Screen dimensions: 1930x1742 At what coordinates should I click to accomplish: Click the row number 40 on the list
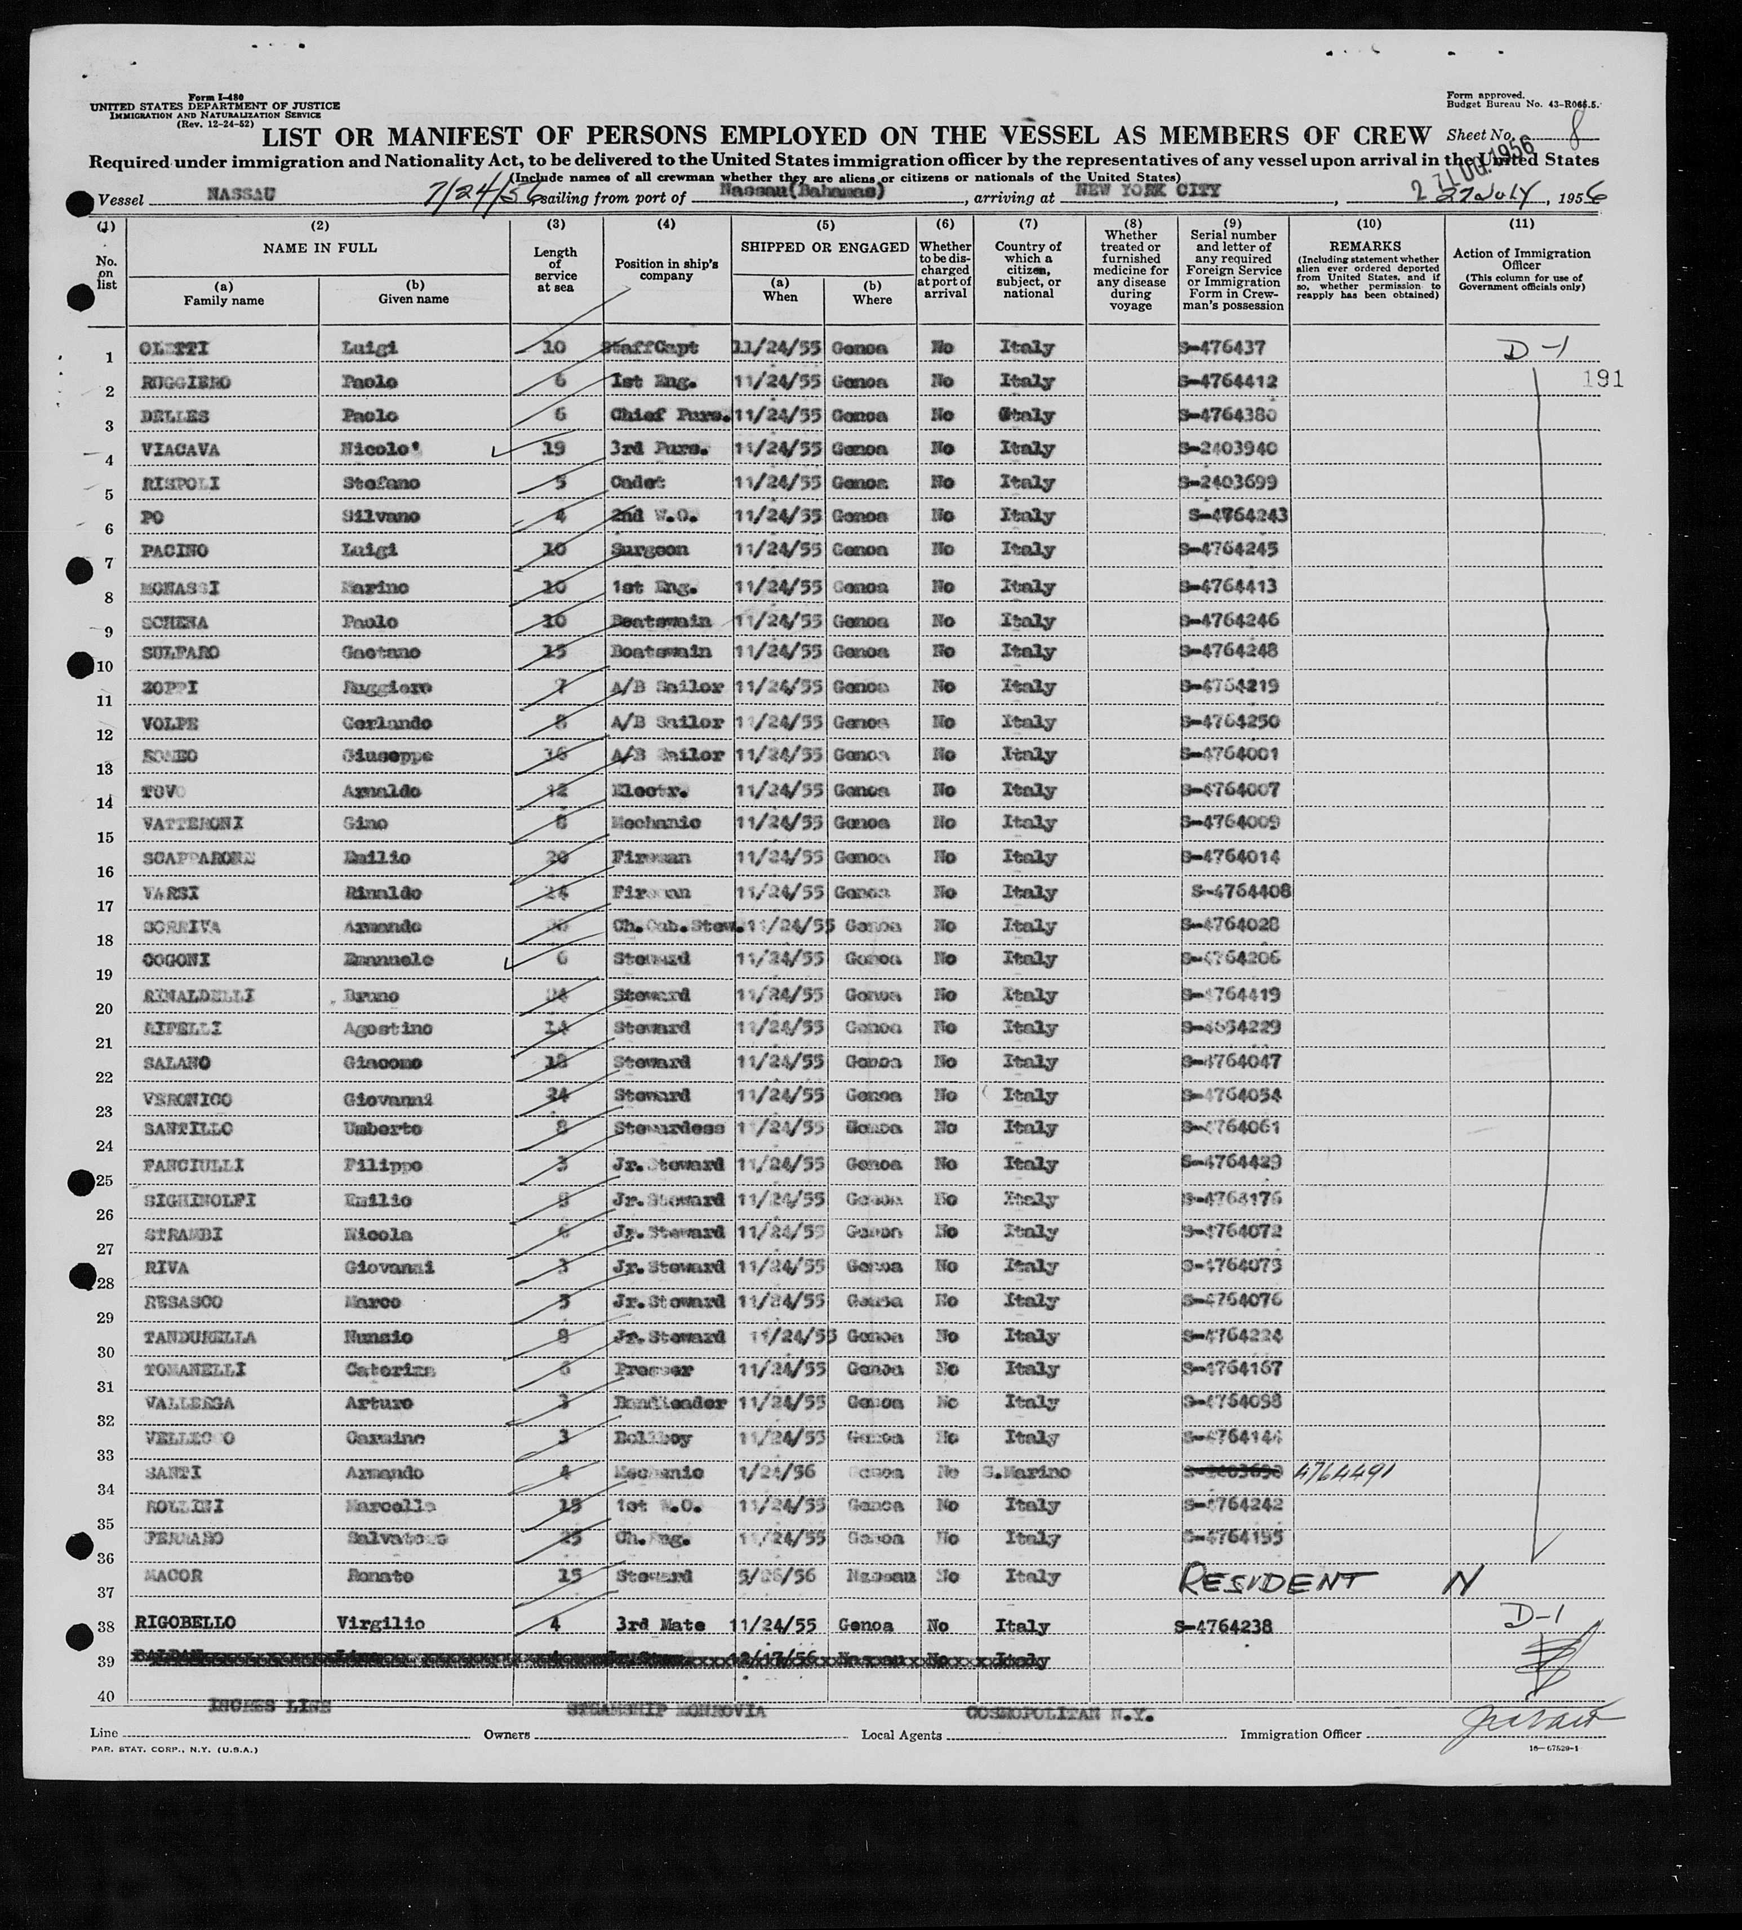(x=105, y=1697)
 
